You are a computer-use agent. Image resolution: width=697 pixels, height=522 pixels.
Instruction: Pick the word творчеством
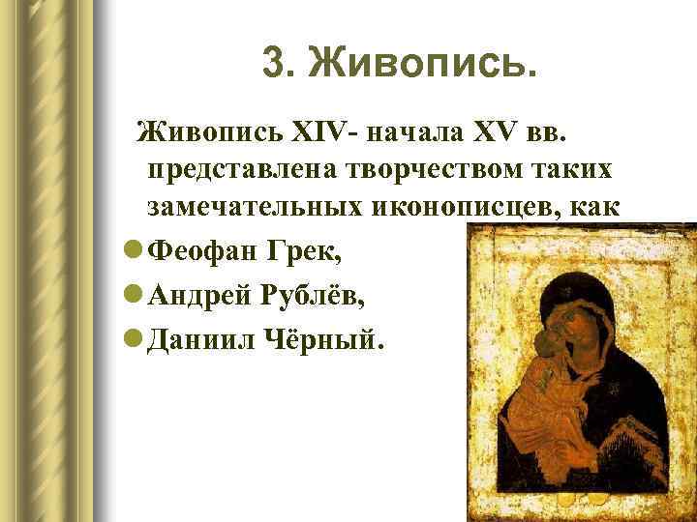pyautogui.click(x=422, y=169)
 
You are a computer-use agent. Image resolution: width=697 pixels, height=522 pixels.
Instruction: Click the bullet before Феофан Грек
pyautogui.click(x=133, y=251)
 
